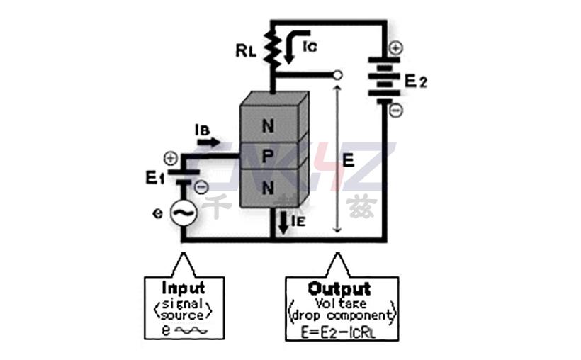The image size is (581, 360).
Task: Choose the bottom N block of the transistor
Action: click(267, 189)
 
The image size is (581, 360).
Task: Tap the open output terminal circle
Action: click(337, 74)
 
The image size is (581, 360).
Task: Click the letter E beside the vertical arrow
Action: click(348, 161)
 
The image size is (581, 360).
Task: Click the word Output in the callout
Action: click(339, 288)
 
